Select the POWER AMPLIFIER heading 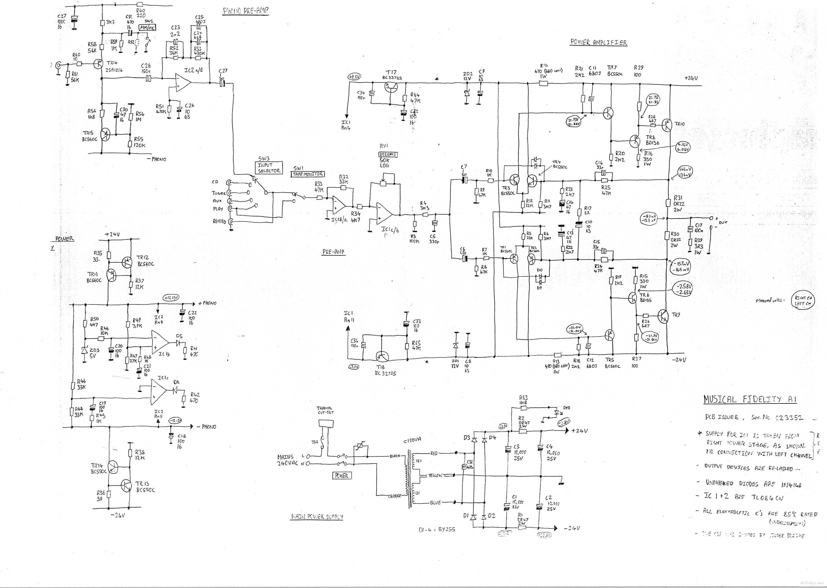tap(598, 42)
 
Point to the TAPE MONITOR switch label tap(308, 174)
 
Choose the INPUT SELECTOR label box tap(269, 168)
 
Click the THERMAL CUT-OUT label tap(325, 410)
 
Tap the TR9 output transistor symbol tap(663, 316)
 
